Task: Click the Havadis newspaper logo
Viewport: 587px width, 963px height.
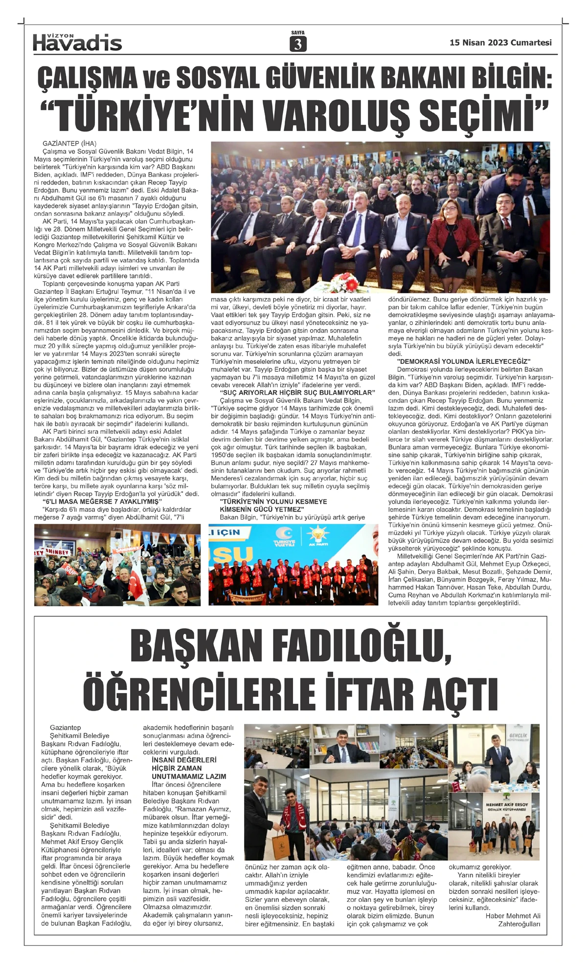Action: click(x=77, y=43)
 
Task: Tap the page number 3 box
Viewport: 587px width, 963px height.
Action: click(x=297, y=45)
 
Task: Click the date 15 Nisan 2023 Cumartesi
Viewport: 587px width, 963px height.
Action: click(x=500, y=43)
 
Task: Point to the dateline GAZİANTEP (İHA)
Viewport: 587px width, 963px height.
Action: click(x=69, y=144)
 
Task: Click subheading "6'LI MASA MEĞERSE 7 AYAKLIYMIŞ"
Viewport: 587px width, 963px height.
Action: click(x=101, y=502)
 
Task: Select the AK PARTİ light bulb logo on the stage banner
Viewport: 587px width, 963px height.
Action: click(x=319, y=536)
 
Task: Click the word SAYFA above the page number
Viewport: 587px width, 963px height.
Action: click(x=297, y=33)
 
